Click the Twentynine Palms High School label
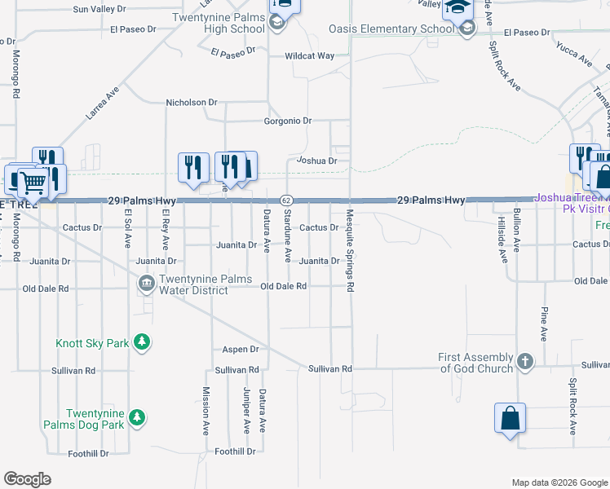pyautogui.click(x=219, y=23)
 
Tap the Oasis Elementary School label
pyautogui.click(x=391, y=29)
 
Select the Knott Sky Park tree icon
pyautogui.click(x=143, y=341)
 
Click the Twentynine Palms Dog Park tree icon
pyautogui.click(x=138, y=418)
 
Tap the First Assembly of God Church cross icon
pyautogui.click(x=525, y=360)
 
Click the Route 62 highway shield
pyautogui.click(x=286, y=200)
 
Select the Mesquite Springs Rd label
pyautogui.click(x=350, y=250)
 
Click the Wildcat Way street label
pyautogui.click(x=309, y=56)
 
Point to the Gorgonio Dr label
pyautogui.click(x=288, y=121)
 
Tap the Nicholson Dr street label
pyautogui.click(x=192, y=103)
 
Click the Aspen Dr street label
pyautogui.click(x=241, y=349)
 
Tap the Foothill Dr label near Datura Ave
pyautogui.click(x=235, y=452)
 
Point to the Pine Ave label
pyautogui.click(x=543, y=324)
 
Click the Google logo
pyautogui.click(x=28, y=479)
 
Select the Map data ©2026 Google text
pyautogui.click(x=558, y=482)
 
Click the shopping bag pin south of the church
pyautogui.click(x=510, y=419)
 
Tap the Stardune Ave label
pyautogui.click(x=287, y=239)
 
